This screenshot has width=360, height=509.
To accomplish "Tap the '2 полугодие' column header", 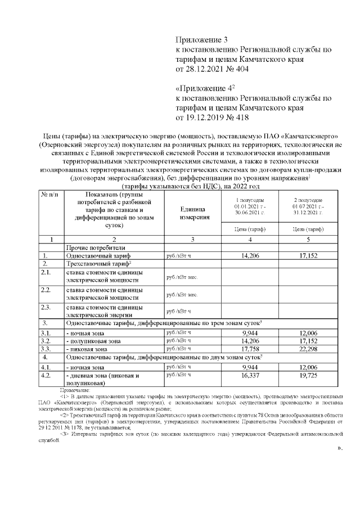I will (x=308, y=206).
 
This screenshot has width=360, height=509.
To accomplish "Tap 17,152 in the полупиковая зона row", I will (x=308, y=340).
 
